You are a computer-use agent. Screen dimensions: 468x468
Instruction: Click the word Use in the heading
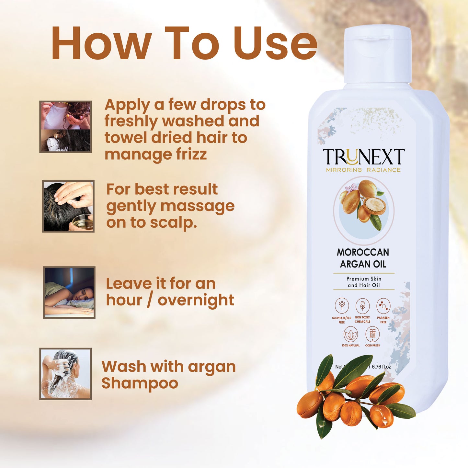point(275,44)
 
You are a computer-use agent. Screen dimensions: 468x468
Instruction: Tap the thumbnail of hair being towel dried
point(65,127)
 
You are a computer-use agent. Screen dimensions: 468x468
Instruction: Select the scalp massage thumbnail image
point(68,206)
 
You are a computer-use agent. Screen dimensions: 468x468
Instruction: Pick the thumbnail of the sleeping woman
point(69,292)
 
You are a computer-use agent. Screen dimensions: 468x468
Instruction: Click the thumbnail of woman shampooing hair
point(65,374)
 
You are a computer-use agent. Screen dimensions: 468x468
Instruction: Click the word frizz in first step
point(191,154)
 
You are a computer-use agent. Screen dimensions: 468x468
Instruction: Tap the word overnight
point(196,300)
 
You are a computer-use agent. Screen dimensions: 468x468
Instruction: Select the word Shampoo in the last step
point(140,383)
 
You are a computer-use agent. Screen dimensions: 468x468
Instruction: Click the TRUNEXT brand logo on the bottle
point(363,157)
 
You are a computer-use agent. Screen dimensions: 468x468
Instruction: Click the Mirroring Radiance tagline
point(363,170)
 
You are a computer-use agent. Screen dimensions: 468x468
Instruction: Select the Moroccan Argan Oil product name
point(363,258)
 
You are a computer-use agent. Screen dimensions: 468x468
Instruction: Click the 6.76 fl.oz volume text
point(381,367)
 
